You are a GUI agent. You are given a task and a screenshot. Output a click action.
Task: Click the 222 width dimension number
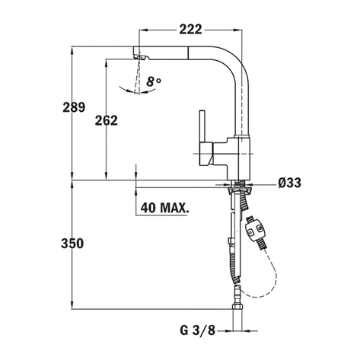[x=191, y=29]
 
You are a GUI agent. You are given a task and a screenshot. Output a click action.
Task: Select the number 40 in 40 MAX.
[x=149, y=205]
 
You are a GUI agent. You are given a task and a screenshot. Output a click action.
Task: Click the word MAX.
[x=175, y=205]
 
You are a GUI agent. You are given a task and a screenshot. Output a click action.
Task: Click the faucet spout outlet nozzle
[x=140, y=56]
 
